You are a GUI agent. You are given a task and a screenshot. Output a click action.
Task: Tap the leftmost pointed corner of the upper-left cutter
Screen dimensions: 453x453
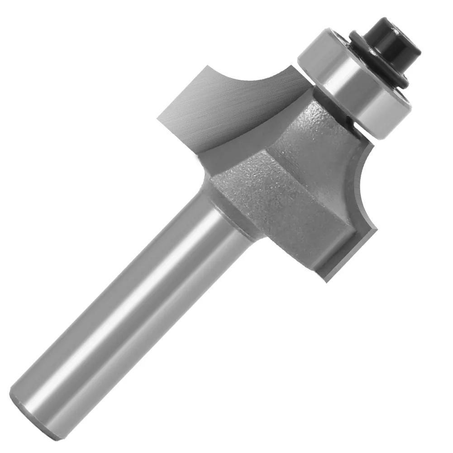coord(158,119)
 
